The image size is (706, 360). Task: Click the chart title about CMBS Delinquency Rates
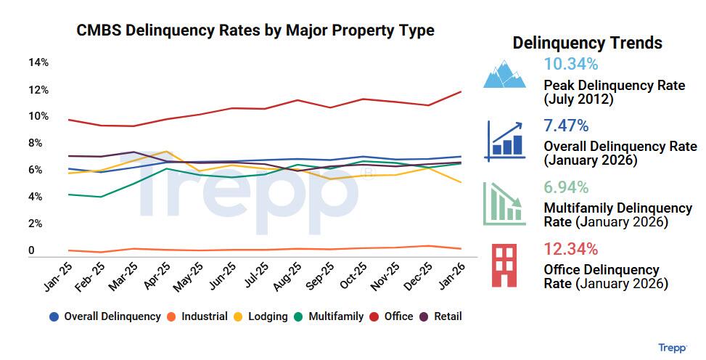click(255, 30)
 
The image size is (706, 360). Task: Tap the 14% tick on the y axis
click(38, 62)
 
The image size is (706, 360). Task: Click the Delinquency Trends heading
click(587, 43)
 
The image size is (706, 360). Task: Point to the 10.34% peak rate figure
click(571, 64)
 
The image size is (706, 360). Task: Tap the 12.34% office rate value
click(571, 250)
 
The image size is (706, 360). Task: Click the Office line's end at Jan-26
click(461, 91)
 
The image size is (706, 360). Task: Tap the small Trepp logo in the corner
click(673, 348)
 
